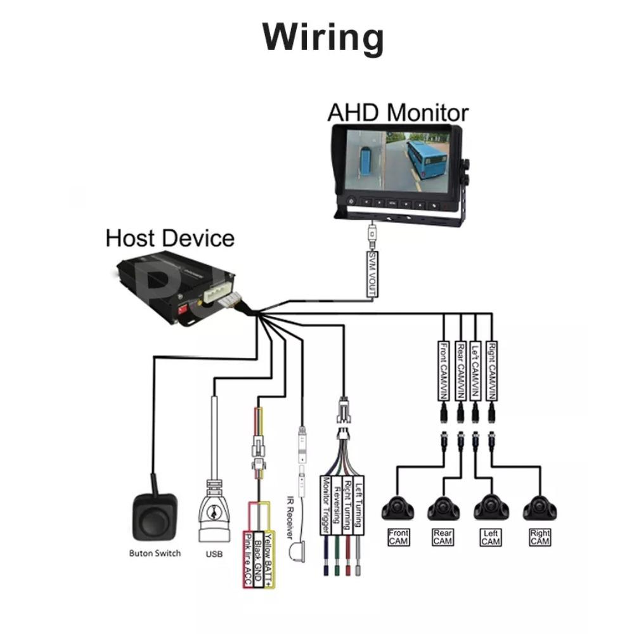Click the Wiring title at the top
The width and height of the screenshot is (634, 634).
pyautogui.click(x=323, y=38)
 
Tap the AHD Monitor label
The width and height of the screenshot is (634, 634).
pyautogui.click(x=398, y=112)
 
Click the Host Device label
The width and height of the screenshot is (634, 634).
pyautogui.click(x=170, y=238)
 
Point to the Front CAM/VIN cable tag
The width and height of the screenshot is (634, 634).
pyautogui.click(x=444, y=370)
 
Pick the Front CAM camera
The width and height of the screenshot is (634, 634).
pyautogui.click(x=398, y=507)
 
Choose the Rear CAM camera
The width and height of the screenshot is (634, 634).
pyautogui.click(x=443, y=507)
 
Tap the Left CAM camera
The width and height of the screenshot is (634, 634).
pyautogui.click(x=490, y=507)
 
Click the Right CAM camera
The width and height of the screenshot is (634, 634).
pyautogui.click(x=540, y=507)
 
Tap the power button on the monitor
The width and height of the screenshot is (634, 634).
pyautogui.click(x=350, y=204)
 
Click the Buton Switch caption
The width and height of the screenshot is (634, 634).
pyautogui.click(x=155, y=553)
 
